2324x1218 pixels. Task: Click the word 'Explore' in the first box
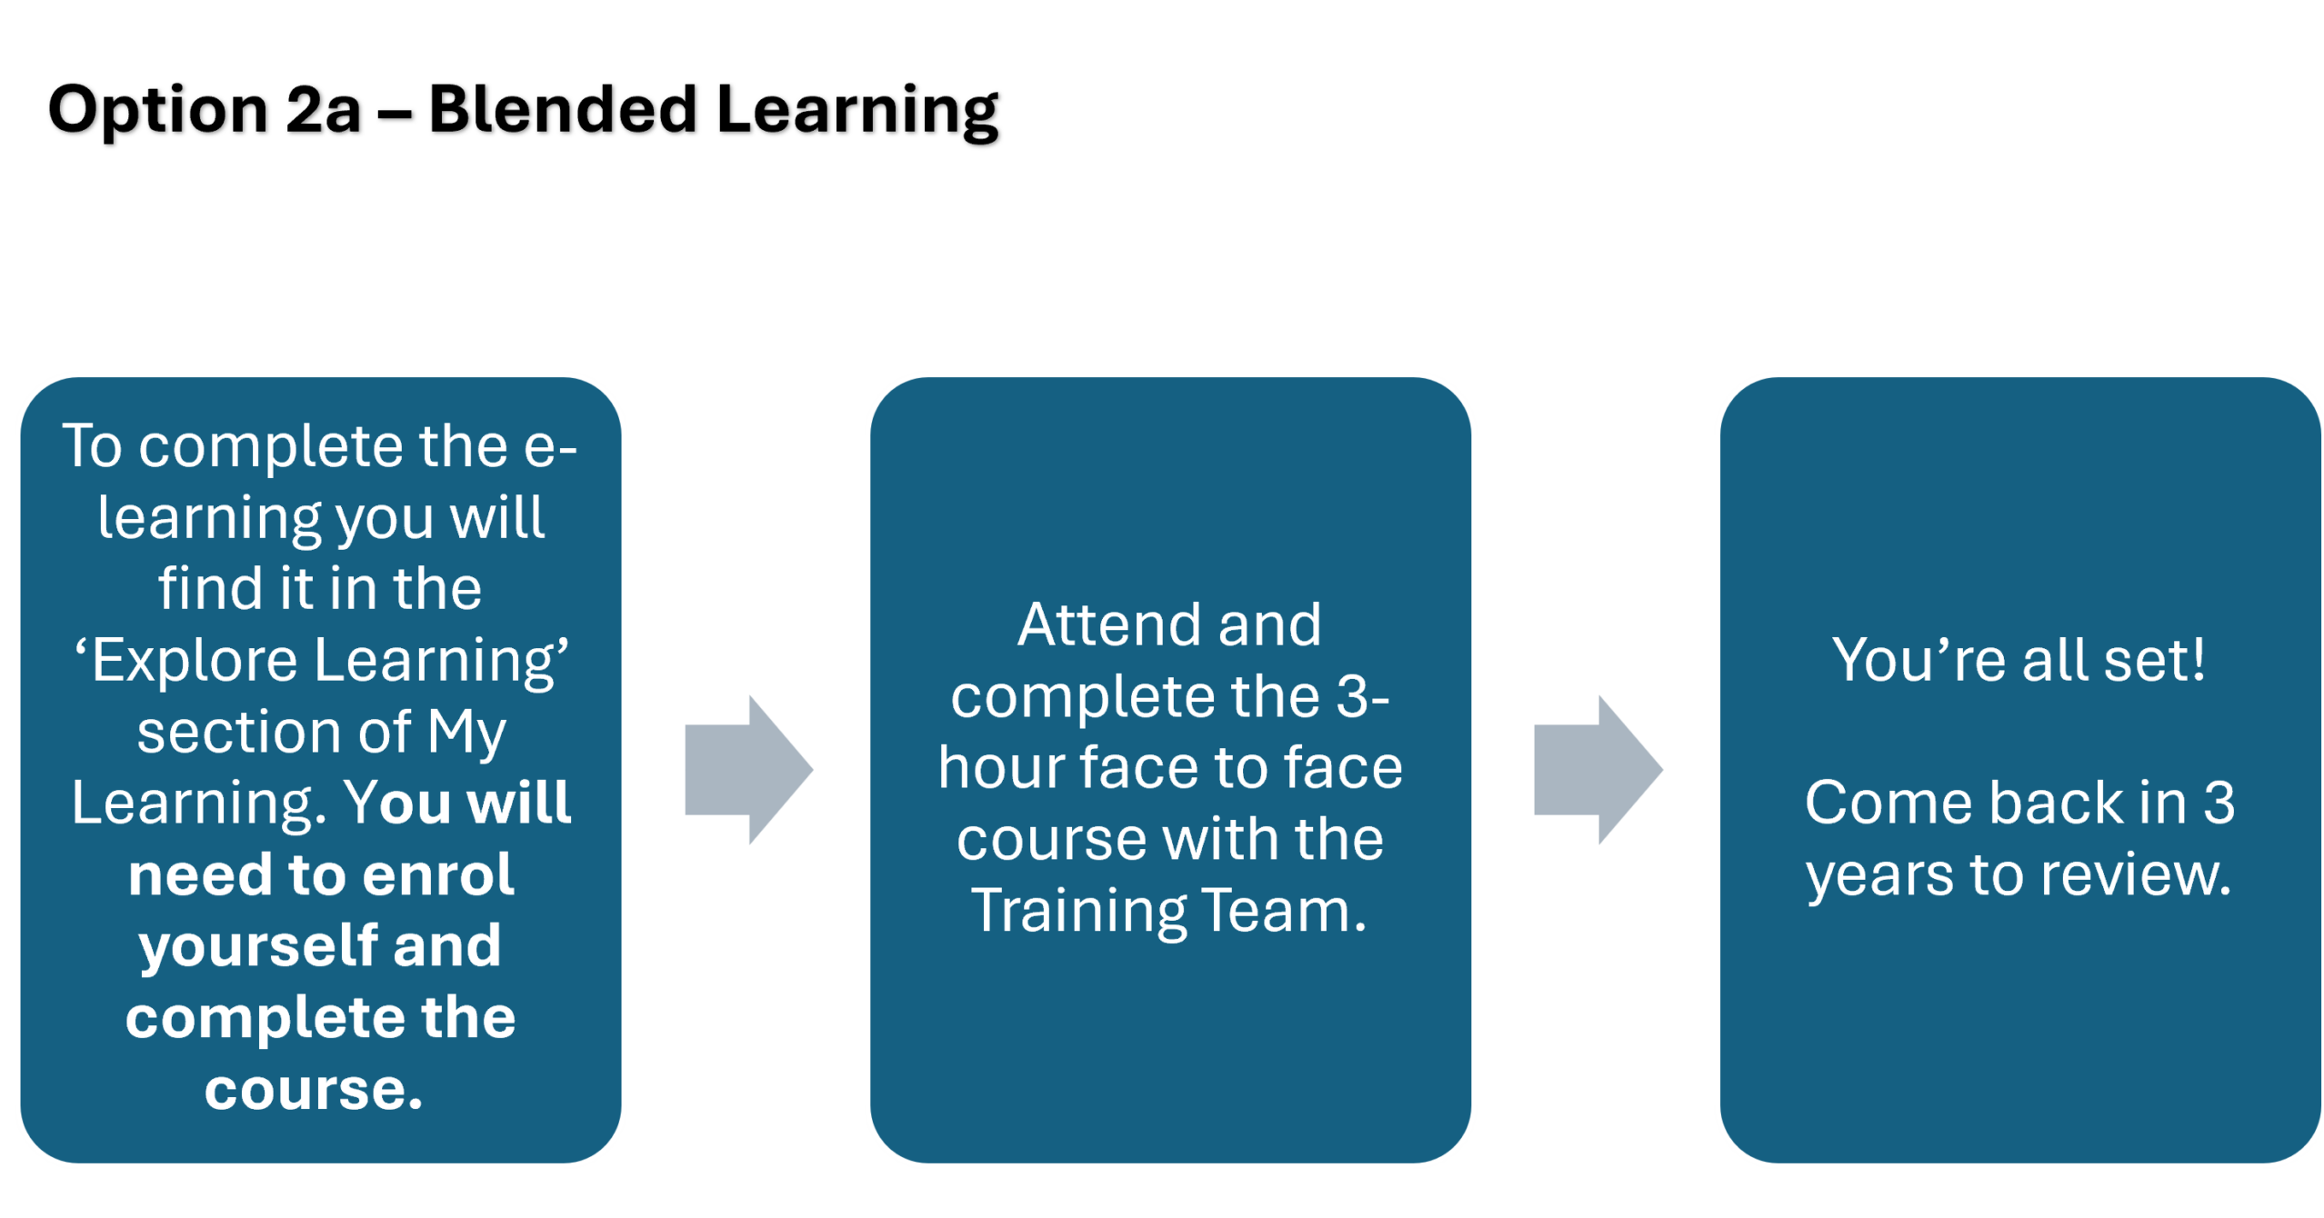click(x=194, y=660)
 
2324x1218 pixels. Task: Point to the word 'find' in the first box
click(x=210, y=588)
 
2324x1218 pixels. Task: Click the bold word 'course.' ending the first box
click(x=314, y=1089)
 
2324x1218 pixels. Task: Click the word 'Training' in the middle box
click(x=1077, y=910)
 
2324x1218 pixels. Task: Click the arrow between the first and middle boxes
click(x=747, y=770)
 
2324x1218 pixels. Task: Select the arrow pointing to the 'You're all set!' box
click(x=1598, y=770)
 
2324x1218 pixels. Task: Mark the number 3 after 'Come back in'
click(x=2219, y=803)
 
